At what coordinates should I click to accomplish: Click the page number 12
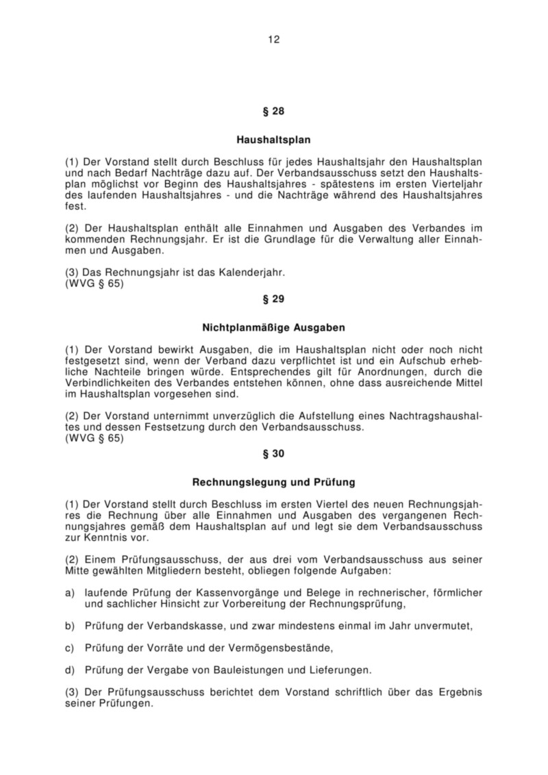tap(273, 39)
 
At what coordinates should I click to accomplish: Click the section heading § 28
tap(273, 111)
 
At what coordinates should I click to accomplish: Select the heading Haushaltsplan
tap(273, 140)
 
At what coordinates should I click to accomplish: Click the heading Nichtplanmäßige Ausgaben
tap(273, 328)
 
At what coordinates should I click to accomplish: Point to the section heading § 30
tap(273, 453)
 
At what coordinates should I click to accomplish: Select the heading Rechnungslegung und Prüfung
tap(273, 482)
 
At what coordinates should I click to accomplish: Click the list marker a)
tap(69, 590)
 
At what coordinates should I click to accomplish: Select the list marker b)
tap(69, 626)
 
